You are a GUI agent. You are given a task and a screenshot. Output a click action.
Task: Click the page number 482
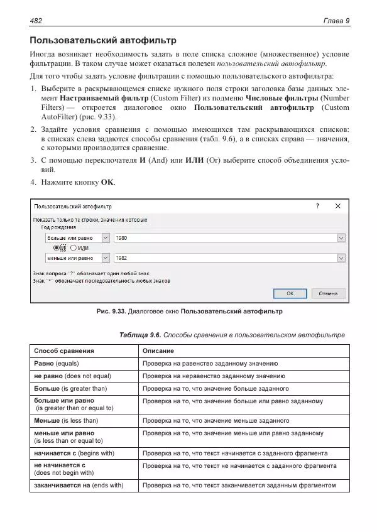tap(36, 21)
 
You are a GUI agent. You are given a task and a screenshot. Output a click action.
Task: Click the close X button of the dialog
tap(337, 206)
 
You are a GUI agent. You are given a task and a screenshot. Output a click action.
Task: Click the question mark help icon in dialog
tap(317, 206)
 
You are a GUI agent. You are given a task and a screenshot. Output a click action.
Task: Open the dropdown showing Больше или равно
tap(105, 238)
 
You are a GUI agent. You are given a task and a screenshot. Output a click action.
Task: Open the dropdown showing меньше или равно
tap(105, 258)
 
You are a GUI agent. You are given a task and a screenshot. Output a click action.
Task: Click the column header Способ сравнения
tap(64, 350)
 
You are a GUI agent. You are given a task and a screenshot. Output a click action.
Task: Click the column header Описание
tap(158, 350)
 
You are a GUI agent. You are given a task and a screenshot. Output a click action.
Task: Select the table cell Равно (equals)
tap(57, 364)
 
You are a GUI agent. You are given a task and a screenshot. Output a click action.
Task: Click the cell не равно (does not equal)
tap(72, 376)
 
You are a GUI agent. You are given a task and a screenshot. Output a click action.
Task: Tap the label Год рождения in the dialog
tap(58, 227)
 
